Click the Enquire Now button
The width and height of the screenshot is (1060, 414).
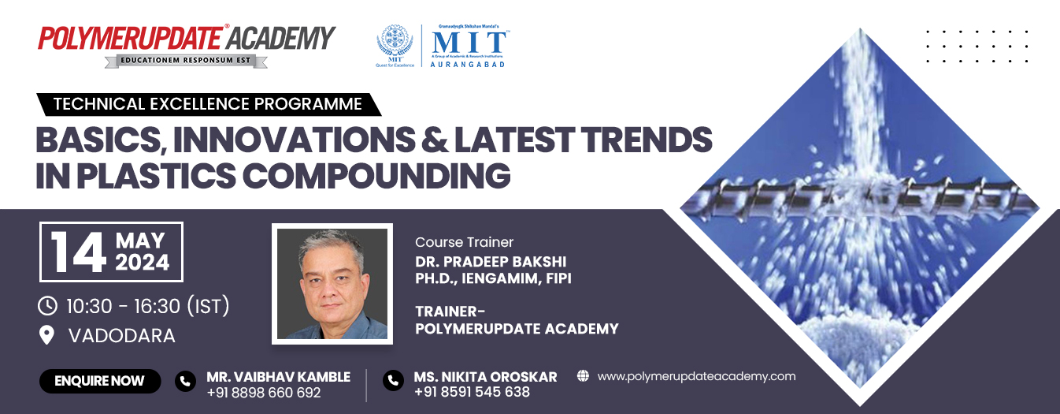[100, 381]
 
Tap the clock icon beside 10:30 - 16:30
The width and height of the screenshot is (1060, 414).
[47, 305]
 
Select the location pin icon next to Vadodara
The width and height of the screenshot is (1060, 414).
[47, 335]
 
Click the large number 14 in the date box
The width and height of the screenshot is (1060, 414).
[79, 252]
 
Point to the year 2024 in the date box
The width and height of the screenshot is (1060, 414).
[143, 263]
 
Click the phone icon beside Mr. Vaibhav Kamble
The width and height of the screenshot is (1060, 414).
[185, 382]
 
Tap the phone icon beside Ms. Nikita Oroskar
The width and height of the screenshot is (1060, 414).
[393, 382]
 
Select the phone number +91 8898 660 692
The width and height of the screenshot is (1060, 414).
[264, 393]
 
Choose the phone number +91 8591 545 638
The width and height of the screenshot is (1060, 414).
[472, 392]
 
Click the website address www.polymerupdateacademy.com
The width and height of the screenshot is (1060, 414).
[696, 376]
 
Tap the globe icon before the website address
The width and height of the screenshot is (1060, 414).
[583, 376]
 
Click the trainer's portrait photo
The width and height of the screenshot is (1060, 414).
[332, 284]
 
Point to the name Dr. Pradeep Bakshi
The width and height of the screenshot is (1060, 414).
[491, 261]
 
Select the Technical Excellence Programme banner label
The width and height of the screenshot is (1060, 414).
[208, 104]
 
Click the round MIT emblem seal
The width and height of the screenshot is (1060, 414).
[395, 43]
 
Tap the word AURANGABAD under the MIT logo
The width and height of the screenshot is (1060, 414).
[468, 63]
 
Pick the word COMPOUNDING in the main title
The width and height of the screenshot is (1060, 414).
[375, 174]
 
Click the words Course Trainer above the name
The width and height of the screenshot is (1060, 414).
[464, 242]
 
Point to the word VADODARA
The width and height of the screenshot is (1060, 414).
[122, 335]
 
